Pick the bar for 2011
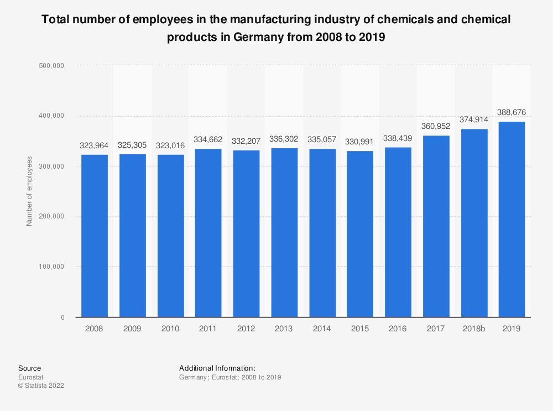click(208, 233)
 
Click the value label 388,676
click(512, 112)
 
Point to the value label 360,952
click(436, 126)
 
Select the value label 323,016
click(170, 145)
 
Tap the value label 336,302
click(284, 140)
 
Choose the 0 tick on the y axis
click(62, 317)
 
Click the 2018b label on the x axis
click(473, 329)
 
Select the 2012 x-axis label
click(246, 329)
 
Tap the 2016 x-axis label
click(398, 329)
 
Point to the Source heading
click(29, 368)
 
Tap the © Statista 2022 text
click(41, 386)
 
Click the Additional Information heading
click(217, 368)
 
